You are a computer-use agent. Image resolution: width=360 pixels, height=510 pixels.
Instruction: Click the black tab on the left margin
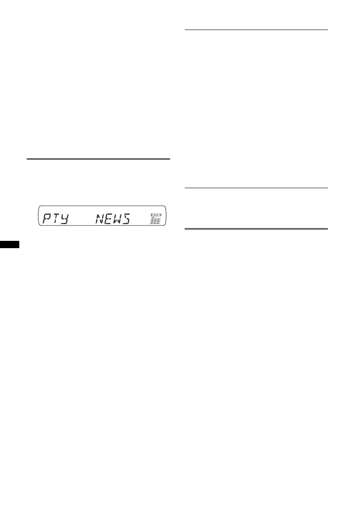pos(9,243)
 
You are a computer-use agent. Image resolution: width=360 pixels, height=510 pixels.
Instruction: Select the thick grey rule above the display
pos(98,159)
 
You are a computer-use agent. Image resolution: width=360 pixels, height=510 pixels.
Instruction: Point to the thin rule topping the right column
pos(256,30)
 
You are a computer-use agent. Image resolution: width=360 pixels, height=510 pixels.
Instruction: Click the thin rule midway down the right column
pos(256,187)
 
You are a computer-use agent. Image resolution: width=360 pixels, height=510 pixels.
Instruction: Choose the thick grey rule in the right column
pos(256,229)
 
